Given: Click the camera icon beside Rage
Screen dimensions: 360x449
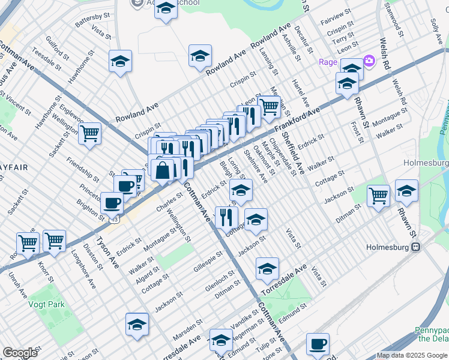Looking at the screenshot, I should (x=369, y=61).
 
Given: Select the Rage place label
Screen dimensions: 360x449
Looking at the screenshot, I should (x=328, y=62).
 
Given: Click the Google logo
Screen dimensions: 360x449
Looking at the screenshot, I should (x=20, y=353).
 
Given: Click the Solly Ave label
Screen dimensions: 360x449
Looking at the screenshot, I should (x=436, y=29).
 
